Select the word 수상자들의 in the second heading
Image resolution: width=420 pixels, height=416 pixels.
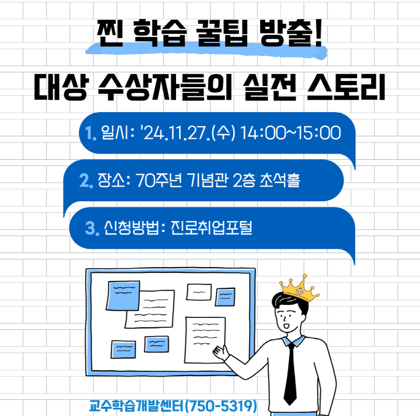point(165,87)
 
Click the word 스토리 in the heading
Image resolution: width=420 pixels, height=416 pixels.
point(346,87)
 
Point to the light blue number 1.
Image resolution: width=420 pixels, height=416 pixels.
point(90,133)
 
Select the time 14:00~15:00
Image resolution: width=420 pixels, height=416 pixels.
point(291,133)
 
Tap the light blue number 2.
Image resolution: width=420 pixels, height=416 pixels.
point(86,180)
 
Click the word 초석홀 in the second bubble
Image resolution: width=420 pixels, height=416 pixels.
point(280,180)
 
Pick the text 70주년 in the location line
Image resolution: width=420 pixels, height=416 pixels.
point(159,180)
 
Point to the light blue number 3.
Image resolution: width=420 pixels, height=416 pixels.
point(92,228)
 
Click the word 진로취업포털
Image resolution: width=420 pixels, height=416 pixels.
point(211,228)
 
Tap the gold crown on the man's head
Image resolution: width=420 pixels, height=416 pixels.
point(300,288)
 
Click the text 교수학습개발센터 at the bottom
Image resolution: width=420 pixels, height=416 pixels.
point(137,406)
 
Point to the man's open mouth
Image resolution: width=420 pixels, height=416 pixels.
point(286,327)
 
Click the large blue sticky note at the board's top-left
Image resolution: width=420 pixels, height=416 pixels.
point(123,296)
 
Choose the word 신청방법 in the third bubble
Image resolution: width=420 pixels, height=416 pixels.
point(131,228)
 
